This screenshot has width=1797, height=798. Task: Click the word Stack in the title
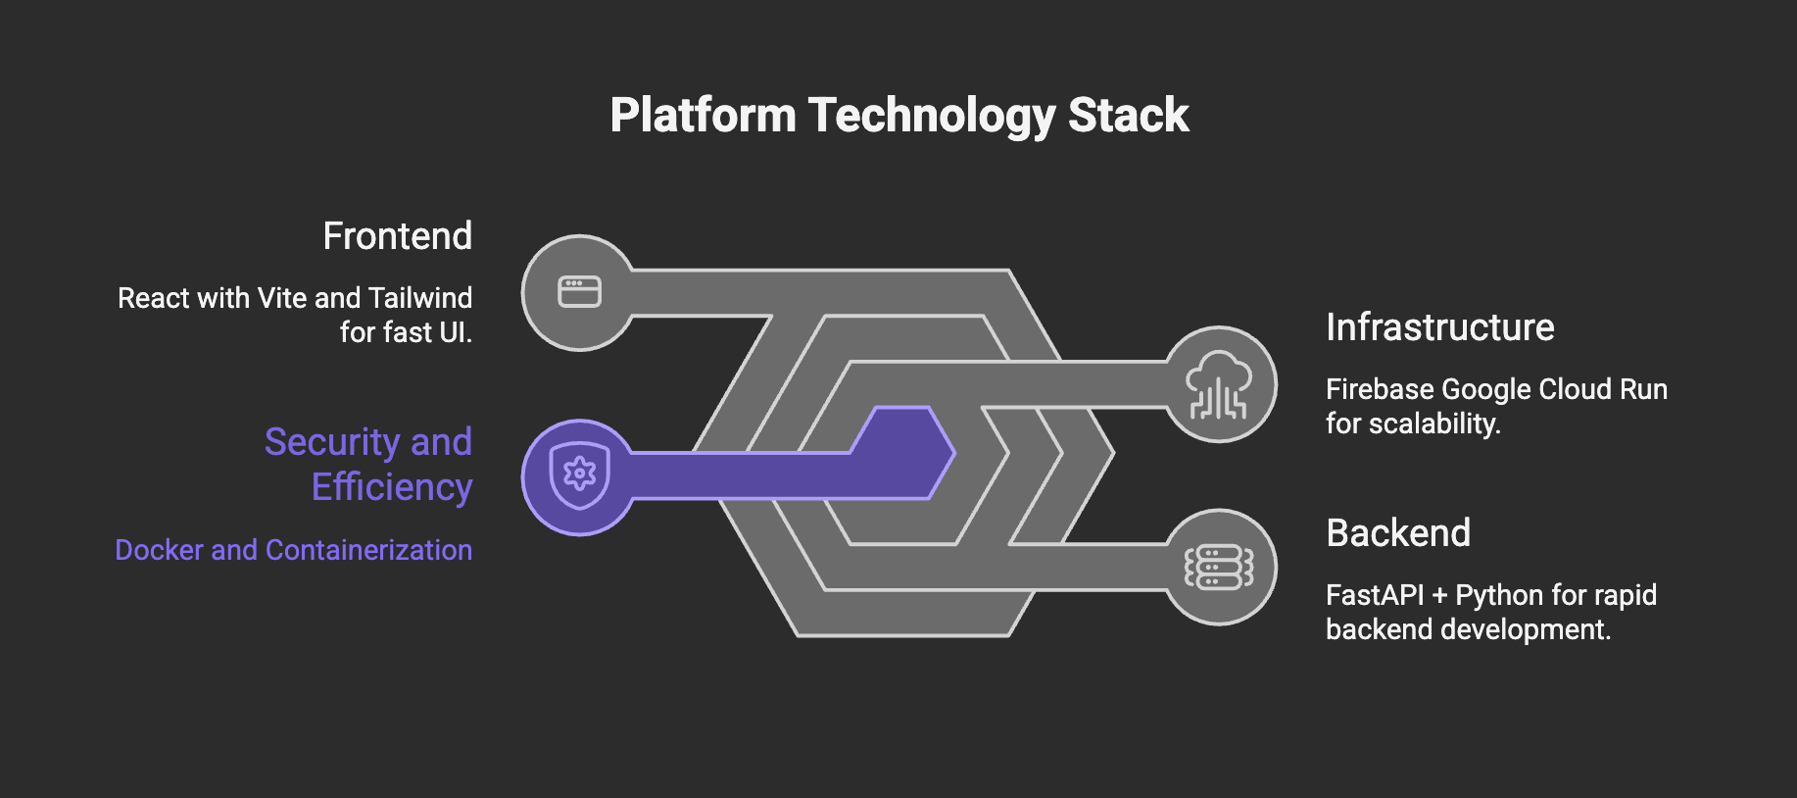(1128, 116)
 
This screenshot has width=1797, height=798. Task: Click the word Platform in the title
(703, 116)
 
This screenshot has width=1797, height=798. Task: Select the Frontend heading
(397, 236)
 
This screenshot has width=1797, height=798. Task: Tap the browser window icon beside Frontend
(579, 292)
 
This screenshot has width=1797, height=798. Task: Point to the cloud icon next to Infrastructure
(1218, 384)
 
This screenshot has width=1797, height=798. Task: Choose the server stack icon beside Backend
(1218, 567)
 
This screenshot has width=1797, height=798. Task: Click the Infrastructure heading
(1439, 327)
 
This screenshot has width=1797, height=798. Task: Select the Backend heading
(1397, 533)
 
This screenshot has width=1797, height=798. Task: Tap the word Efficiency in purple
(392, 487)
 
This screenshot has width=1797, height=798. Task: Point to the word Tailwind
(420, 298)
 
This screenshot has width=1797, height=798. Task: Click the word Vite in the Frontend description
(282, 298)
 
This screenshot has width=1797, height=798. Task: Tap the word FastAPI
(1374, 595)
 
